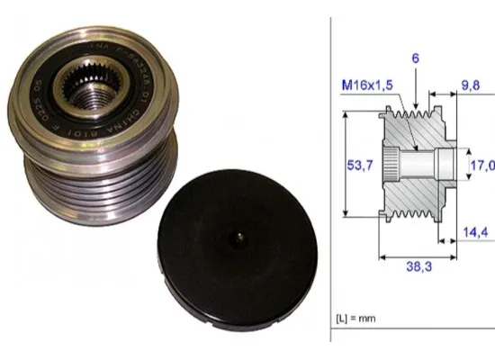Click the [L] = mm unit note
pos(356,319)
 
